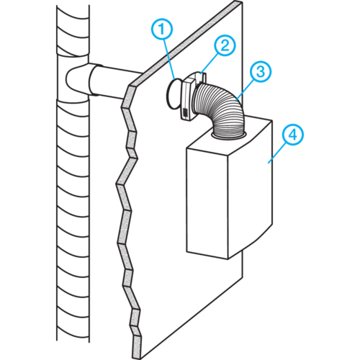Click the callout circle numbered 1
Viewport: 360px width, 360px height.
162,29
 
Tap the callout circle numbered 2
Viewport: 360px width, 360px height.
225,45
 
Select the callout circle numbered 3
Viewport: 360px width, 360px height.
261,71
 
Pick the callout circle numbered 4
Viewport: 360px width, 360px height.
293,135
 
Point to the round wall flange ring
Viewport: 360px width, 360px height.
172,93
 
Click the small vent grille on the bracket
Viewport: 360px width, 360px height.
185,112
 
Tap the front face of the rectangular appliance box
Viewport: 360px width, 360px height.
207,204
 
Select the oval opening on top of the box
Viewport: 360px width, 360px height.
229,136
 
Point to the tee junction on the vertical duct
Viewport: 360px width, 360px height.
74,79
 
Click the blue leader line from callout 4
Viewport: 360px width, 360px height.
278,153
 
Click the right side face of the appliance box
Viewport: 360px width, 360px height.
250,189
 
